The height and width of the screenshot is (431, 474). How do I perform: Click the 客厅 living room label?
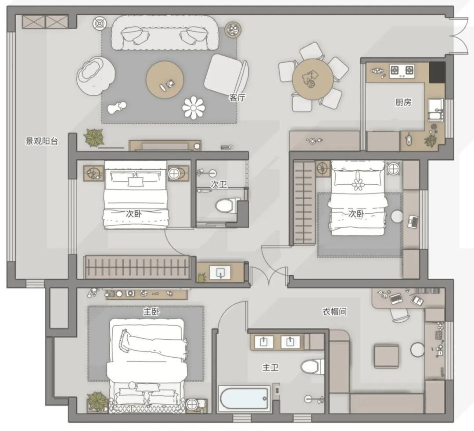pyautogui.click(x=237, y=97)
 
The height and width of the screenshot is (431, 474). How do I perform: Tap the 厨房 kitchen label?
pyautogui.click(x=403, y=102)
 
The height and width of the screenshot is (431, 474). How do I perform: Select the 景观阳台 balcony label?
pyautogui.click(x=41, y=141)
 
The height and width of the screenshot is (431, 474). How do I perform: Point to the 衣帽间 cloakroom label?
pyautogui.click(x=334, y=311)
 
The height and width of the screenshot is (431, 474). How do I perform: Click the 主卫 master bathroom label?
pyautogui.click(x=270, y=367)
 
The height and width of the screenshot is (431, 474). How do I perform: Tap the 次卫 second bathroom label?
pyautogui.click(x=219, y=184)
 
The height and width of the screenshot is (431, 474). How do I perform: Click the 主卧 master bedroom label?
pyautogui.click(x=151, y=311)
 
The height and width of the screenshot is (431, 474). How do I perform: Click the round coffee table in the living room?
pyautogui.click(x=165, y=80)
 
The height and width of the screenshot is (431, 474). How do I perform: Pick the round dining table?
pyautogui.click(x=312, y=79)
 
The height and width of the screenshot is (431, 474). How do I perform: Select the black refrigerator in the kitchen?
pyautogui.click(x=437, y=72)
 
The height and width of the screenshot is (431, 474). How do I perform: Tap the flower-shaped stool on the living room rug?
pyautogui.click(x=194, y=108)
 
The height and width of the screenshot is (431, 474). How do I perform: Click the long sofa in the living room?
pyautogui.click(x=165, y=33)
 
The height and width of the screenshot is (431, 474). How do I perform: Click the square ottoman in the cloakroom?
pyautogui.click(x=386, y=356)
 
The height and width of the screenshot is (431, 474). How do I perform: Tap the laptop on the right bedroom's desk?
pyautogui.click(x=413, y=222)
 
